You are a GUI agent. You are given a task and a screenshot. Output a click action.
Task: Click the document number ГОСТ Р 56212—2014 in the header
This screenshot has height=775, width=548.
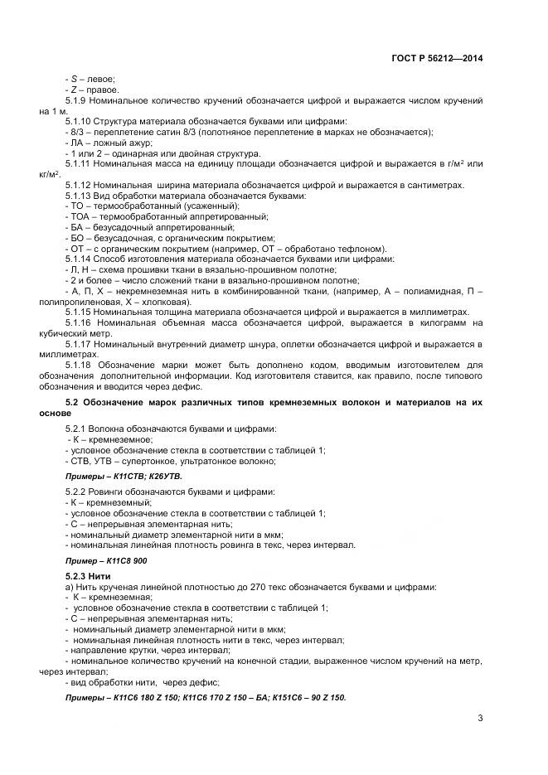click(x=438, y=58)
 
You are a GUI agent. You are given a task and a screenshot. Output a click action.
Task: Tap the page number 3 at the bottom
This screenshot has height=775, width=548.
click(x=480, y=718)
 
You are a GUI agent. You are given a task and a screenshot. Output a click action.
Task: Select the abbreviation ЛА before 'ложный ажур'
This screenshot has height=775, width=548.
click(x=75, y=143)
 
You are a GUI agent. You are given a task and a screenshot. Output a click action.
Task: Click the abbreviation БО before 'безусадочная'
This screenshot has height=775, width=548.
click(x=76, y=238)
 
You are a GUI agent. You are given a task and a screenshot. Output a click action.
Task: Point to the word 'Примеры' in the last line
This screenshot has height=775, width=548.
click(x=85, y=698)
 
